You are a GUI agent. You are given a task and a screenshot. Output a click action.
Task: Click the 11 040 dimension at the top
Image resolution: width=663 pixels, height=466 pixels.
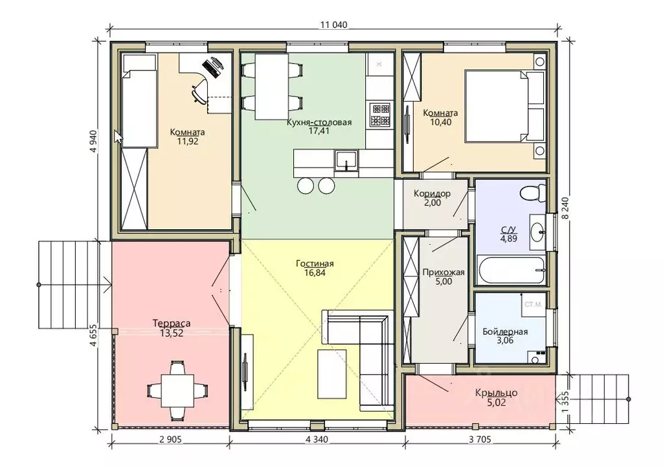pyautogui.click(x=333, y=25)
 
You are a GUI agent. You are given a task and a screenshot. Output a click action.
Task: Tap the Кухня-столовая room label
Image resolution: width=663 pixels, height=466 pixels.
pyautogui.click(x=319, y=122)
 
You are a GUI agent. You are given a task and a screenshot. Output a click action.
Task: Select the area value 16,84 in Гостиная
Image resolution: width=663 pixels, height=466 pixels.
pyautogui.click(x=315, y=272)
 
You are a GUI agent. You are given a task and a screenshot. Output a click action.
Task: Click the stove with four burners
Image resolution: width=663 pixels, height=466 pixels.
pyautogui.click(x=379, y=115)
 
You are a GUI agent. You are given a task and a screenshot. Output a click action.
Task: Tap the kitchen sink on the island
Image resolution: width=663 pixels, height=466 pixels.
pyautogui.click(x=347, y=161)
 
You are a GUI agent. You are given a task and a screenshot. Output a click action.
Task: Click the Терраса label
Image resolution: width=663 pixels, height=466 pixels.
pyautogui.click(x=171, y=324)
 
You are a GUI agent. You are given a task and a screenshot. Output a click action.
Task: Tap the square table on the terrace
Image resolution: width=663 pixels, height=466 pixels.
pyautogui.click(x=177, y=390)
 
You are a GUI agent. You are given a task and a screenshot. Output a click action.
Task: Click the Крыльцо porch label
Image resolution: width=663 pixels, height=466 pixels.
pyautogui.click(x=496, y=393)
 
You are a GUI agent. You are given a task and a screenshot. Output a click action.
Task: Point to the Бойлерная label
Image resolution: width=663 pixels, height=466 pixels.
pyautogui.click(x=505, y=331)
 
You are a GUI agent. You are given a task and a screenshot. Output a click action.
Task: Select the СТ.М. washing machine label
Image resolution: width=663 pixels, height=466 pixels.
pyautogui.click(x=534, y=304)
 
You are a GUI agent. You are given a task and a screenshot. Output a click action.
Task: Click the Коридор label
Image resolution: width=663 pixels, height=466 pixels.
pyautogui.click(x=432, y=194)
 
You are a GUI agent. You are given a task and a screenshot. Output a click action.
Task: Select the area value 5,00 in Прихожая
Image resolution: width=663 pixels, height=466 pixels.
pyautogui.click(x=444, y=282)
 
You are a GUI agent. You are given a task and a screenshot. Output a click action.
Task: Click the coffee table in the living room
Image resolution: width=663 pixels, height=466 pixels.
pyautogui.click(x=332, y=374)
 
